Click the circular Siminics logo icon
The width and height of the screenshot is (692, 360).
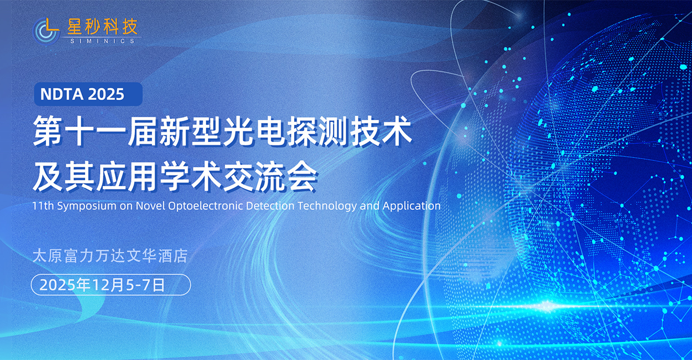click(x=47, y=31)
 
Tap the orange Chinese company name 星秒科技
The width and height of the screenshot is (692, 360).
click(x=102, y=27)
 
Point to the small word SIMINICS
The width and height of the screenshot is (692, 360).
click(x=102, y=41)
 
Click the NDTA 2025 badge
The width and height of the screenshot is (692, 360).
click(x=88, y=94)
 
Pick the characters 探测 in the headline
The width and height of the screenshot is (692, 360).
click(x=317, y=131)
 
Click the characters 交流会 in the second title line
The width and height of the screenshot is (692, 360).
click(x=270, y=176)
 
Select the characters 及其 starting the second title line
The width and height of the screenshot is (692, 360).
click(x=63, y=176)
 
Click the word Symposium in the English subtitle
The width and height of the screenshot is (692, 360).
click(x=87, y=206)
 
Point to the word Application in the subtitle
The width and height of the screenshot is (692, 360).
click(x=412, y=206)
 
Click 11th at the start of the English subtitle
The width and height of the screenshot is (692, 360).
click(x=43, y=206)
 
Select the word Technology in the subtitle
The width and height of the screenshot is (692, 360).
click(x=327, y=206)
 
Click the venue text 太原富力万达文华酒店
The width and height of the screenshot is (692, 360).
click(x=110, y=256)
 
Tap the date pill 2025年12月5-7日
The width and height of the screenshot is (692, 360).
click(x=111, y=285)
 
